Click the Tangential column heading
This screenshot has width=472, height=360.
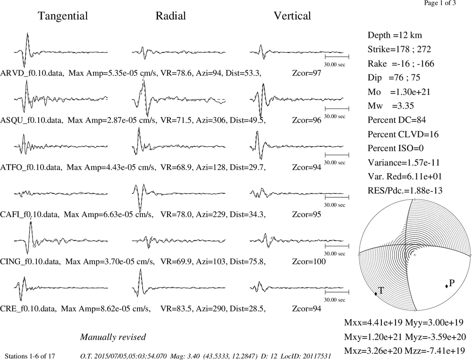click(x=63, y=16)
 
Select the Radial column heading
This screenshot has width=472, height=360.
click(x=171, y=16)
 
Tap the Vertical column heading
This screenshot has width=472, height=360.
click(x=292, y=16)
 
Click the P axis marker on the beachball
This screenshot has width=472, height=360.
click(x=447, y=286)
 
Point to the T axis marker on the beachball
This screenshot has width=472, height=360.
click(x=376, y=293)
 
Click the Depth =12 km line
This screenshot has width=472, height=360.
click(x=395, y=35)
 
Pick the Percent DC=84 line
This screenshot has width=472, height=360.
click(x=397, y=120)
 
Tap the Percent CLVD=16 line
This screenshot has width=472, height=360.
click(x=403, y=134)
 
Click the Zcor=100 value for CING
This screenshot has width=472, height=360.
click(x=309, y=261)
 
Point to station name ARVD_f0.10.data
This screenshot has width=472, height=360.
click(x=32, y=73)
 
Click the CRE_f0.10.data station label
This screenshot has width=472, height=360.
click(x=28, y=309)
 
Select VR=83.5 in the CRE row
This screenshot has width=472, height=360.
click(x=176, y=309)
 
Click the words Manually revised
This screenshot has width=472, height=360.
click(x=113, y=337)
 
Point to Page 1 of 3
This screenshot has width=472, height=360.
click(x=440, y=3)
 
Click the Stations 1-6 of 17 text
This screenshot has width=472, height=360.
click(x=30, y=356)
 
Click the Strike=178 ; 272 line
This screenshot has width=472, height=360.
click(x=399, y=50)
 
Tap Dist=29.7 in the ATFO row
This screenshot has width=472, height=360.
click(x=247, y=167)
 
